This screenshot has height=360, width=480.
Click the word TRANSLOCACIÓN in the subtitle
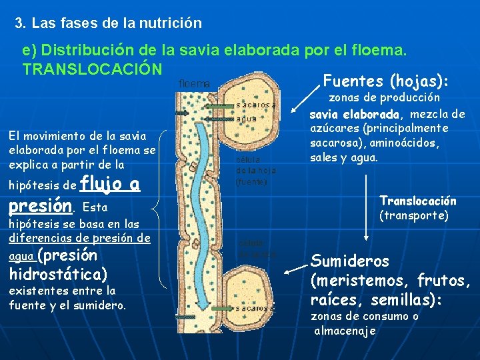[92, 69]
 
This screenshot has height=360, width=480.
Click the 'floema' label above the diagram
[194, 84]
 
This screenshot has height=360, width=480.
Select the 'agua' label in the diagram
[247, 119]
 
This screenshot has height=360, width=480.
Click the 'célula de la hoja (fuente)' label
[252, 171]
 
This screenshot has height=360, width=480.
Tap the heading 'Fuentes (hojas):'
[385, 81]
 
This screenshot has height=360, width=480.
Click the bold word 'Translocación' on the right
[418, 201]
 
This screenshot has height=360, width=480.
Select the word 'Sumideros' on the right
[350, 260]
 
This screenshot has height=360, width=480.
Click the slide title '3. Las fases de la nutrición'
[108, 23]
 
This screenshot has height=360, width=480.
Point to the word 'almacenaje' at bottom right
[345, 331]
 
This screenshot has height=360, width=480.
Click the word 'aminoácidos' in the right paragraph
[411, 143]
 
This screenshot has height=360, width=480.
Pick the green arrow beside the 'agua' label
[217, 118]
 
